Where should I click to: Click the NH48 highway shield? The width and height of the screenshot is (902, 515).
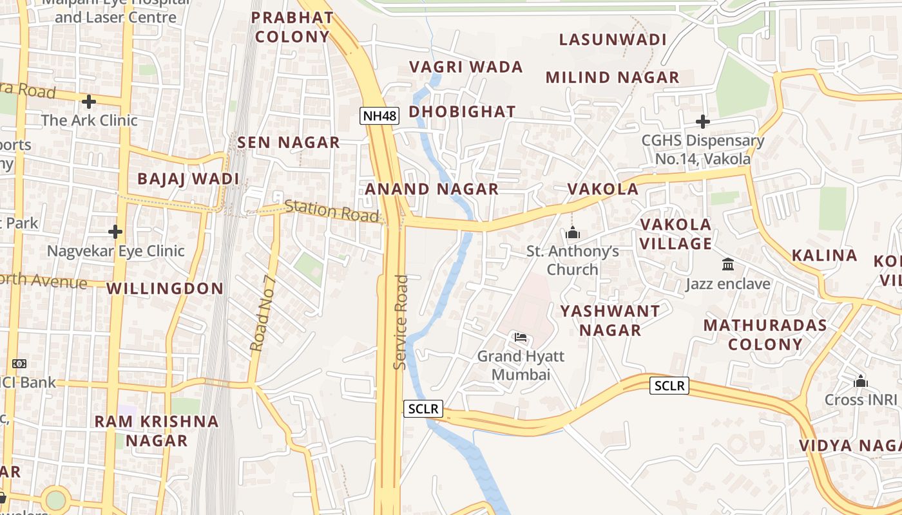(x=379, y=116)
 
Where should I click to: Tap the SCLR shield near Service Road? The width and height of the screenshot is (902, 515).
(x=423, y=409)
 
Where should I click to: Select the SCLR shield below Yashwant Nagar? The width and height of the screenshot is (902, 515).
(x=669, y=386)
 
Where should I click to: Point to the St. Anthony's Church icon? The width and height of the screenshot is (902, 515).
(x=573, y=233)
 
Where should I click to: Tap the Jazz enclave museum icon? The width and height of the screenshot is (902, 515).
(x=728, y=264)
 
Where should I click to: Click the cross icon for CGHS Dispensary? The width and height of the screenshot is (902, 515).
(x=703, y=121)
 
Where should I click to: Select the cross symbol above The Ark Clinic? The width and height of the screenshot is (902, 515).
(x=89, y=101)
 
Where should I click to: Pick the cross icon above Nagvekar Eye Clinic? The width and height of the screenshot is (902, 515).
(x=115, y=231)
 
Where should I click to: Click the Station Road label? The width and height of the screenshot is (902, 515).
(x=331, y=211)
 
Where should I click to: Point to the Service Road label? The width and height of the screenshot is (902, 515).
(x=401, y=322)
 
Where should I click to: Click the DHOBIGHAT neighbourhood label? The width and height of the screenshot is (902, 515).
(x=462, y=112)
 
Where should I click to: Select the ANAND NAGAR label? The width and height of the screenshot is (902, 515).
(x=432, y=189)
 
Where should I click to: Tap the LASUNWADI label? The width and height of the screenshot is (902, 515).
(x=613, y=40)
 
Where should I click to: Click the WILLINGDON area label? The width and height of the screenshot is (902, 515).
(x=165, y=288)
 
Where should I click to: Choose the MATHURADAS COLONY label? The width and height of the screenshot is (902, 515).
(x=765, y=334)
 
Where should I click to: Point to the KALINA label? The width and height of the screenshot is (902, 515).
(x=824, y=256)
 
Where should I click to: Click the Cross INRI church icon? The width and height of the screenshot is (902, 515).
(x=861, y=382)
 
